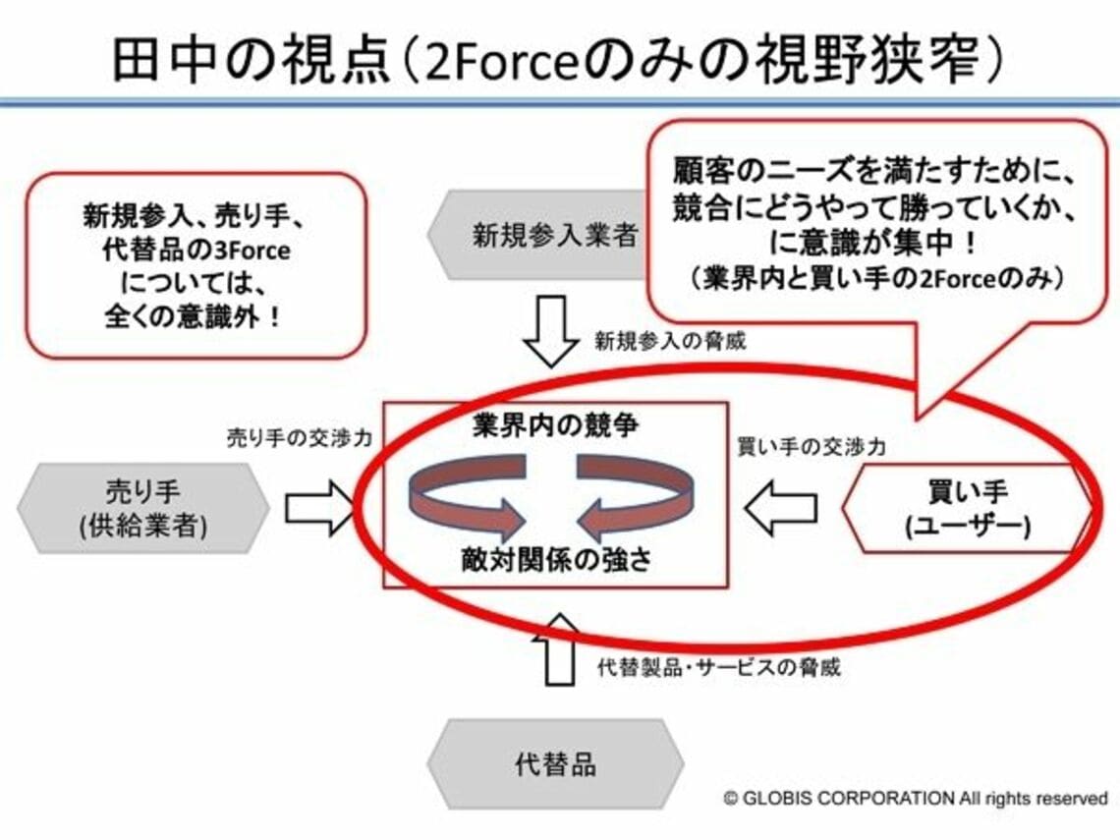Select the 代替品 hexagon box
[555, 764]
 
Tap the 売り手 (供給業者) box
[143, 507]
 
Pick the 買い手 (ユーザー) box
[968, 508]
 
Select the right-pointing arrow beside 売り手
[317, 508]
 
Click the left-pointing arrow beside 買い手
[781, 508]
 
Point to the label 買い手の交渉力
[812, 447]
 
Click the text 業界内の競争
[555, 425]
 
